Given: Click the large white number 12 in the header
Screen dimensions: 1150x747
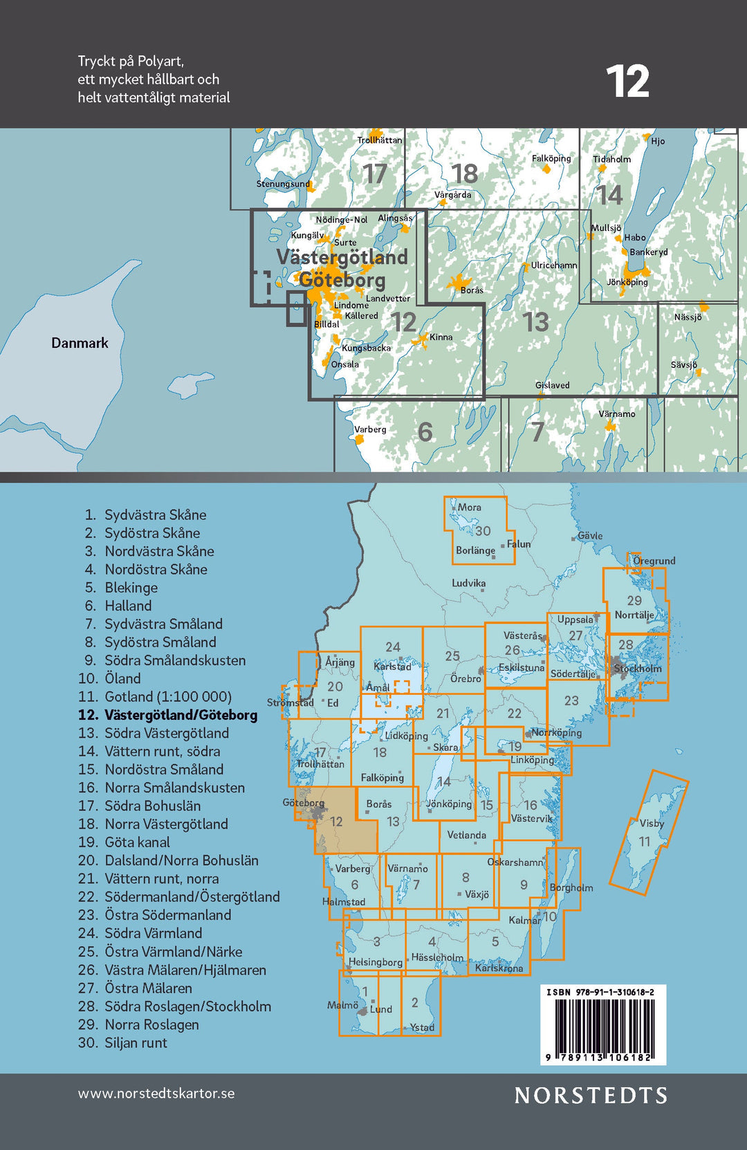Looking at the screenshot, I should click(627, 82).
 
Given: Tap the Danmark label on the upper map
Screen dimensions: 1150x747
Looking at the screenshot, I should click(80, 343).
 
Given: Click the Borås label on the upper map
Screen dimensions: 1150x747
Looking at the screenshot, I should click(472, 290).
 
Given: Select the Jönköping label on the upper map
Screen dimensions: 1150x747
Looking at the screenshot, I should click(627, 282).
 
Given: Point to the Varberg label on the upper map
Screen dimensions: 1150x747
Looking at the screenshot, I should click(370, 429).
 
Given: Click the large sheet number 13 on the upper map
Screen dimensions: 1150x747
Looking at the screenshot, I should click(535, 322).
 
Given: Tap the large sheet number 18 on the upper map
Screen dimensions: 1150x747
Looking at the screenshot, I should click(464, 174).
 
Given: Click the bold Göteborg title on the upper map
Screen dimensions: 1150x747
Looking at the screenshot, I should click(342, 280).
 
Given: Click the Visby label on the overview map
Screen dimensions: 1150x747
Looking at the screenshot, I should click(652, 823).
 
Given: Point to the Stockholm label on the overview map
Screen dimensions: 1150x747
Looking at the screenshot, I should click(638, 669).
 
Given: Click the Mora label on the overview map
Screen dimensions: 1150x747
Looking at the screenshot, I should click(469, 508).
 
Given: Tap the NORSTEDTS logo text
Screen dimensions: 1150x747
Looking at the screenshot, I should click(591, 1095).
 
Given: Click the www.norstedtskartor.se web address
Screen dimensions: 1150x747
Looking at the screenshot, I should click(156, 1093).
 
